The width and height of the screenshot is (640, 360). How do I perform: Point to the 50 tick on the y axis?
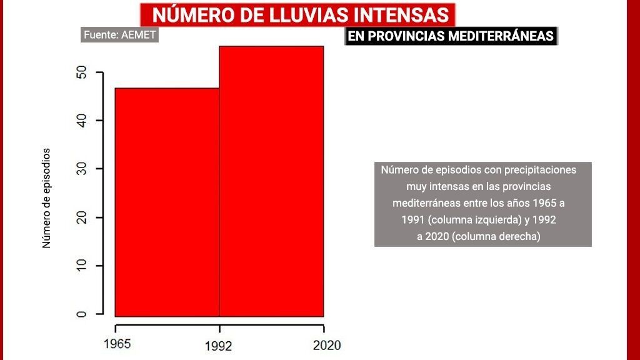tap(81, 72)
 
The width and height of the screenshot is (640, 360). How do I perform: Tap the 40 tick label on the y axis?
tap(81, 120)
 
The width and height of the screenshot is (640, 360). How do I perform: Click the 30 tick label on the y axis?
tap(81, 169)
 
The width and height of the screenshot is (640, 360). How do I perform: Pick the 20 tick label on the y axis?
tap(81, 217)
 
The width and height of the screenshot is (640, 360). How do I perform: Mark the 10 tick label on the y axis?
tap(81, 266)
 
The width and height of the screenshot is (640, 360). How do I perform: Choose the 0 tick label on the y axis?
tap(81, 313)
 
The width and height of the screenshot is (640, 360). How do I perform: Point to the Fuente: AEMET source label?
tap(119, 35)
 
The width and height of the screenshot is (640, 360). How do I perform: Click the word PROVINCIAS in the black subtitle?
tap(406, 36)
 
